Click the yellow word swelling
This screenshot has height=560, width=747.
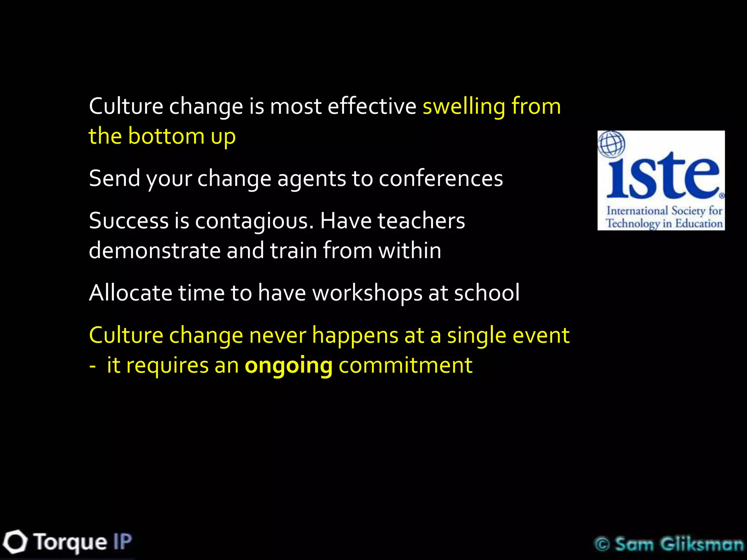(x=464, y=107)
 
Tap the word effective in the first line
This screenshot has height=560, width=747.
(x=372, y=106)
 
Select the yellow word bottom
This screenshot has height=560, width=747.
(x=166, y=136)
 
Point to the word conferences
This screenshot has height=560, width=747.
(x=441, y=179)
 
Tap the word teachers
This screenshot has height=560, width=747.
(x=421, y=221)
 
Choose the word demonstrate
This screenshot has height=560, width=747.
(x=155, y=251)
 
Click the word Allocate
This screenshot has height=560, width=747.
(x=131, y=293)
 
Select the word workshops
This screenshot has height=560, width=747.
(x=367, y=293)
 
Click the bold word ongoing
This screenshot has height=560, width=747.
(x=289, y=366)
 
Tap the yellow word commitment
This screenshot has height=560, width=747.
(x=405, y=365)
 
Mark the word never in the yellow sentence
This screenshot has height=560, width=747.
(x=277, y=335)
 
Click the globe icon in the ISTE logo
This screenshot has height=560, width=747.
(x=611, y=144)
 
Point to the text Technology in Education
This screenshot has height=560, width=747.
(x=664, y=223)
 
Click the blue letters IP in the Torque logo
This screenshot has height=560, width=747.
(x=122, y=542)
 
